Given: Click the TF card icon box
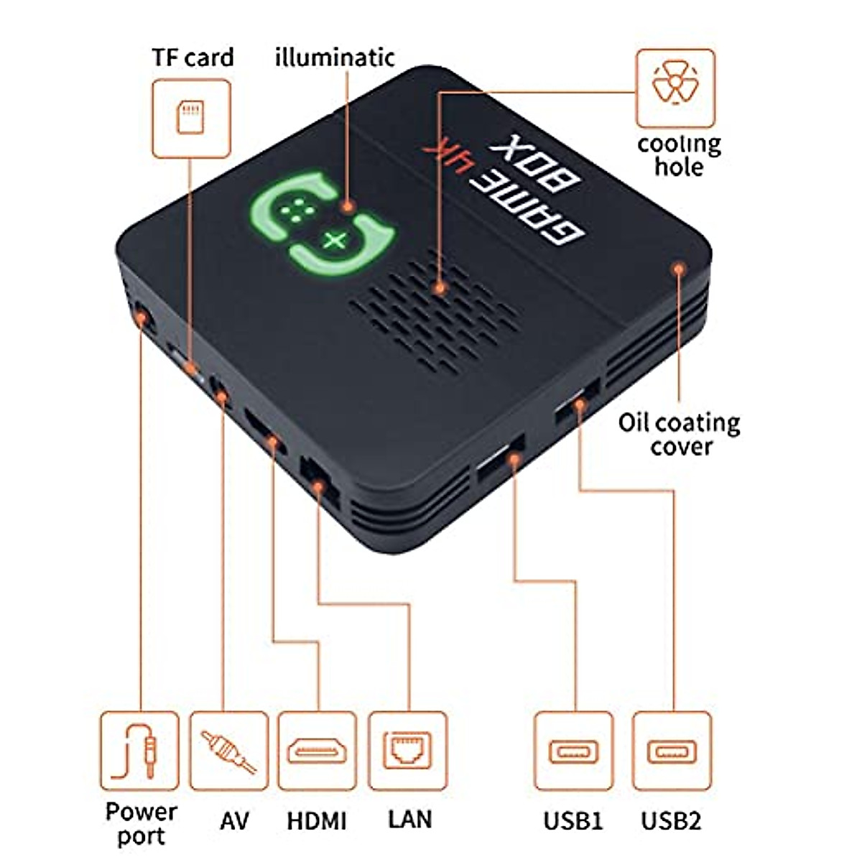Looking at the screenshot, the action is pos(192,119).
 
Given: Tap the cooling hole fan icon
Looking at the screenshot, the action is pos(675,83).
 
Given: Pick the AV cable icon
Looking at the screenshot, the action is pos(228,751).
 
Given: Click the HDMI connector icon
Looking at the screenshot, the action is pos(318,751).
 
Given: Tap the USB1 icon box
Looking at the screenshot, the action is pos(573,751).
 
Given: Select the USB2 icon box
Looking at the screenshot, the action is pos(672,751).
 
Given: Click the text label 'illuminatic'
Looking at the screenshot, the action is pos(335,57).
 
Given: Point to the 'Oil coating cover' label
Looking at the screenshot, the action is pos(680,435).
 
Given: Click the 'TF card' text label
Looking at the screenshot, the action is pos(193,57).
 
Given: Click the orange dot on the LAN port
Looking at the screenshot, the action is pos(318,486).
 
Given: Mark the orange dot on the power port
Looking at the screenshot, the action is pos(141,318).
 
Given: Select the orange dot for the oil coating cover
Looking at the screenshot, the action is pos(679,269).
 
